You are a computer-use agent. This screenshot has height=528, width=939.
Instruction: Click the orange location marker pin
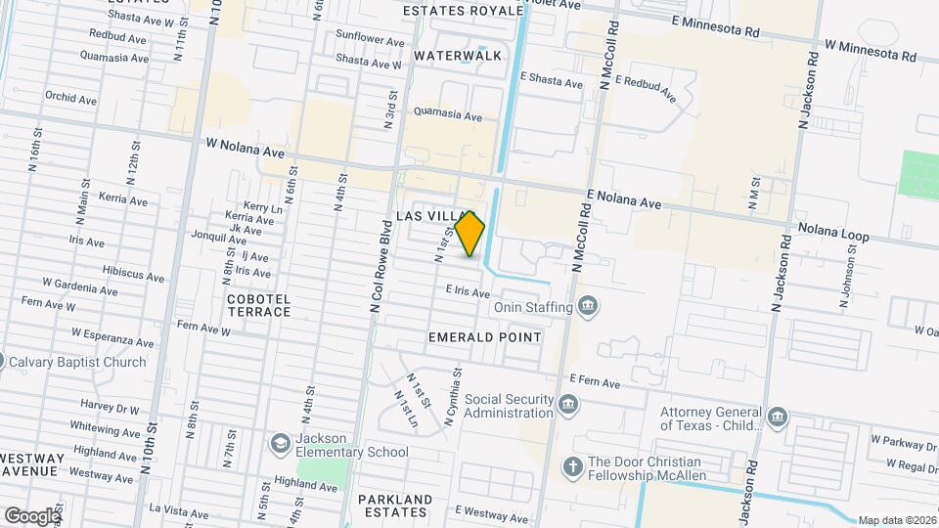(x=470, y=234)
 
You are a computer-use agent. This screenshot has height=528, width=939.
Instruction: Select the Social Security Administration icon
(x=568, y=404)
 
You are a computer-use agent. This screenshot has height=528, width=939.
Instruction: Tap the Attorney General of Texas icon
(x=777, y=418)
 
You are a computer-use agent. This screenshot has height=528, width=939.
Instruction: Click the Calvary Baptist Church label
(x=77, y=362)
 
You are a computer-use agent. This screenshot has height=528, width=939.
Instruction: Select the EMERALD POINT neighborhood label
(x=484, y=336)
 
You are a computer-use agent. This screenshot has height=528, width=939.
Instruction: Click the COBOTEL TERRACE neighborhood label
(x=258, y=304)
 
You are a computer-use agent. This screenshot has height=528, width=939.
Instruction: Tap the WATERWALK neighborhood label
(x=457, y=56)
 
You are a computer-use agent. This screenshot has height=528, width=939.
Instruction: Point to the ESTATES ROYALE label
(x=464, y=10)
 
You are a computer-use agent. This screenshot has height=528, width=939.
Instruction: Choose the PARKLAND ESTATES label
(x=395, y=506)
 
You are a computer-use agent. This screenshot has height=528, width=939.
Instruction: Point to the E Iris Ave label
(x=468, y=291)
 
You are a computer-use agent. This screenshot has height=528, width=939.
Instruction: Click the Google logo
(x=31, y=515)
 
